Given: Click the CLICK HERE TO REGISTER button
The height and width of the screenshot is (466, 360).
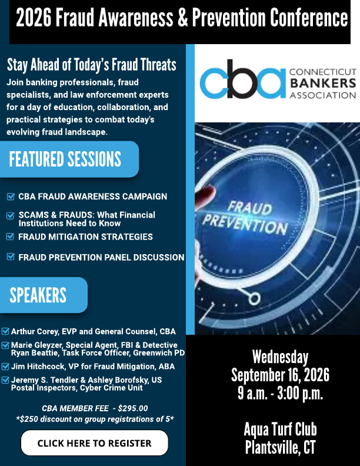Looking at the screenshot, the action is coord(95,443).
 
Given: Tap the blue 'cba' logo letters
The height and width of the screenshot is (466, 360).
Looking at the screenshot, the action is coord(242,79).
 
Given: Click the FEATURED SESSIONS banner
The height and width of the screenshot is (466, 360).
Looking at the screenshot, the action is coord(69,159).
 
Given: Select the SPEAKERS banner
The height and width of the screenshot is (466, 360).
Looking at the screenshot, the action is coord(44,295).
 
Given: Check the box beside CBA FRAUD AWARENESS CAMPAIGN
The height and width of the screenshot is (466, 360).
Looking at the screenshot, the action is coord(11,197).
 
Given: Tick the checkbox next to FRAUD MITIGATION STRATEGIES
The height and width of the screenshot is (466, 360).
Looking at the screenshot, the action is coord(11,237).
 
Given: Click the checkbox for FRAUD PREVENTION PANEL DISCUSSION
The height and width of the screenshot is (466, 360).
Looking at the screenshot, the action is coord(11,257).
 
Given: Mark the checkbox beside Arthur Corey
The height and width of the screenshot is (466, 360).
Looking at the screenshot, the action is coord(5,331).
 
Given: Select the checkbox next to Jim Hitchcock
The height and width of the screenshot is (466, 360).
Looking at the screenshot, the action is coord(5,366).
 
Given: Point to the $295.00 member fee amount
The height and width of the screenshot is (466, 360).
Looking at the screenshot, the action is coord(133,408).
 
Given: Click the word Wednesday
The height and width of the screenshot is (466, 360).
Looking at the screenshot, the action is coord(280,357).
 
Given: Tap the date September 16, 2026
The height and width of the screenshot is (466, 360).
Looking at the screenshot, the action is coord(280,375).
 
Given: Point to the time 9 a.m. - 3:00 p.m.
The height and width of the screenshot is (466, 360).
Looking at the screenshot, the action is coord(280,393).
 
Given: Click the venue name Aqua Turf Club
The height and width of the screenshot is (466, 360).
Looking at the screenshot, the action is coord(280,429).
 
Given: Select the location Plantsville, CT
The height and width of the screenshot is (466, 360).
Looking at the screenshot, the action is coord(280,447).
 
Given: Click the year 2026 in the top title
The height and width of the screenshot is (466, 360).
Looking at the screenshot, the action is coord(34,18).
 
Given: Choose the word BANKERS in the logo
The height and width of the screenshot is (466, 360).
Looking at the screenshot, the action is coord(323,83).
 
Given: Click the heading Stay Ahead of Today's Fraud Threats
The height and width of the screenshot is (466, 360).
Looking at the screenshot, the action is coord(92,65).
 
